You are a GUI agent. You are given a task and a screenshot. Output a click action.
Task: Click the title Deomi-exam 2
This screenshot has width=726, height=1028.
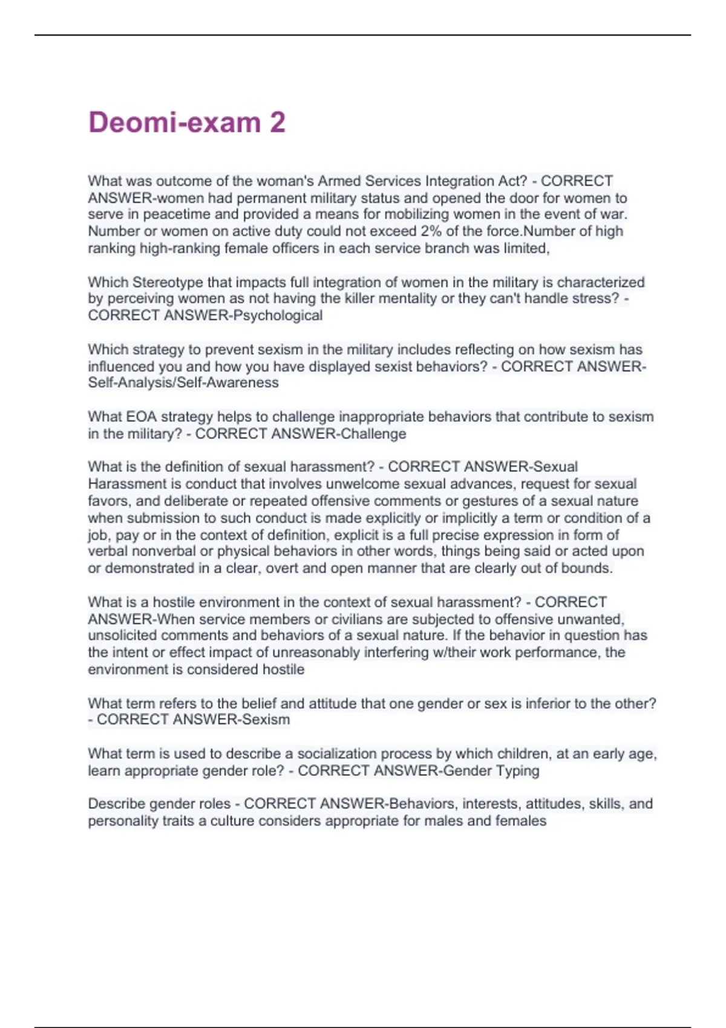[186, 123]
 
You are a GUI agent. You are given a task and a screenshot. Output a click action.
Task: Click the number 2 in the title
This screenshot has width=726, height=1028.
[277, 123]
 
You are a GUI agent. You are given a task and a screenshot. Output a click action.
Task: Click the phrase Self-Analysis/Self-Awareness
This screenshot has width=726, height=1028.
[183, 383]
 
